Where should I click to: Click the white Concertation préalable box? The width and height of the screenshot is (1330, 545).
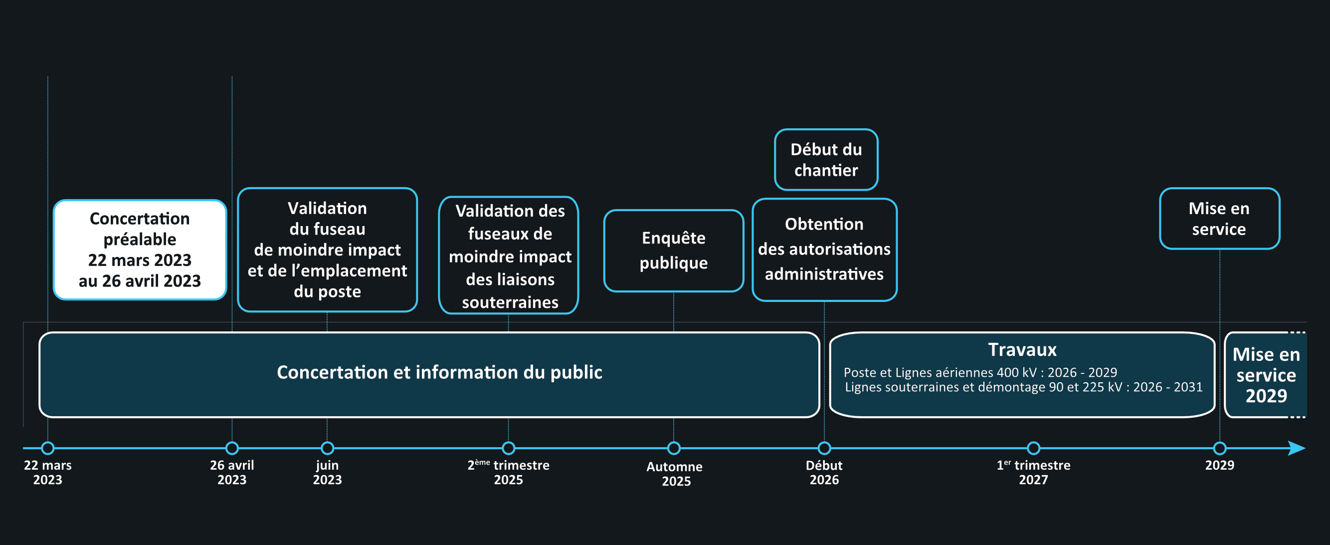140,250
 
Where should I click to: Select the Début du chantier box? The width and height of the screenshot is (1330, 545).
826,160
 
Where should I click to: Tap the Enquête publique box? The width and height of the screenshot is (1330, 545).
674,251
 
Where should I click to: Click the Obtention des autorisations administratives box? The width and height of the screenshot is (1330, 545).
824,250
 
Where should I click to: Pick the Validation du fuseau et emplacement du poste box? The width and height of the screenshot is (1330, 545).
327,250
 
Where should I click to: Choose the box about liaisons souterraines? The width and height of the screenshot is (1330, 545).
509,255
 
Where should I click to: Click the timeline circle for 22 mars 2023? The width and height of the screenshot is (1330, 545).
47,448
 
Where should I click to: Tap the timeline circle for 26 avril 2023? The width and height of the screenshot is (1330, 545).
232,448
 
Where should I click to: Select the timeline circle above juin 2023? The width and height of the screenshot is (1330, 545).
327,448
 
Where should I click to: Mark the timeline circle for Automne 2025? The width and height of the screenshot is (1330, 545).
674,448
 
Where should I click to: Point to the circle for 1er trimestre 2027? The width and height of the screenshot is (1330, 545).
1033,448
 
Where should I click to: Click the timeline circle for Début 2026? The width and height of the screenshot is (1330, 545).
824,448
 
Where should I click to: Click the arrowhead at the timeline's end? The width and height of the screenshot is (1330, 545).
1305,448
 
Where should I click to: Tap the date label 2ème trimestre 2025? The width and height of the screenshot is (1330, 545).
509,472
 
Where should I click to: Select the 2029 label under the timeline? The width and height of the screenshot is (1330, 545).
1219,465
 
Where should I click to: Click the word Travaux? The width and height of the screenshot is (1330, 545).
1022,350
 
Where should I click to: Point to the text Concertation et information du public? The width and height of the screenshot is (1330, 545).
439,372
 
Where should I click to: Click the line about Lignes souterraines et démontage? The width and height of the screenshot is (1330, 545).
1023,387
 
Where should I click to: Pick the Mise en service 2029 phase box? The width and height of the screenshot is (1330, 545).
1266,374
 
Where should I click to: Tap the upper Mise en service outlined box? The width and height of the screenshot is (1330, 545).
1219,219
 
